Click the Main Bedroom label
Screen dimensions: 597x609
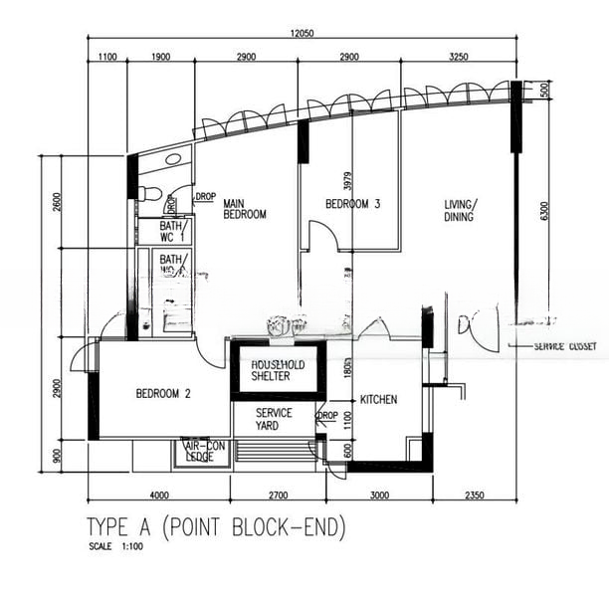point(244,207)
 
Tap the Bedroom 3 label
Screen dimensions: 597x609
point(353,205)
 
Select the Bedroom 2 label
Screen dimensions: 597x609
point(162,393)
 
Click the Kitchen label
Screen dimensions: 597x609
point(378,399)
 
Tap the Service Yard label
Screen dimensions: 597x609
point(274,419)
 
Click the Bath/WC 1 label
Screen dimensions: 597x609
point(159,232)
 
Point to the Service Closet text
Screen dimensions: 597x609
point(565,347)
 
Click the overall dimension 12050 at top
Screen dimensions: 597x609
point(303,34)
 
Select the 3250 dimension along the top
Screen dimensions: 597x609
point(458,58)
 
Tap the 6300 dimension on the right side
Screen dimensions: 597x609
point(543,211)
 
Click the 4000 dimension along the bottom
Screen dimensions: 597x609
point(158,495)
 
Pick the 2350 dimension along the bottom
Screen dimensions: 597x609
point(473,495)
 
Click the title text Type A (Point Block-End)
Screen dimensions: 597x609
point(216,527)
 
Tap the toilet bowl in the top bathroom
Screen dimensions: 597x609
point(145,192)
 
